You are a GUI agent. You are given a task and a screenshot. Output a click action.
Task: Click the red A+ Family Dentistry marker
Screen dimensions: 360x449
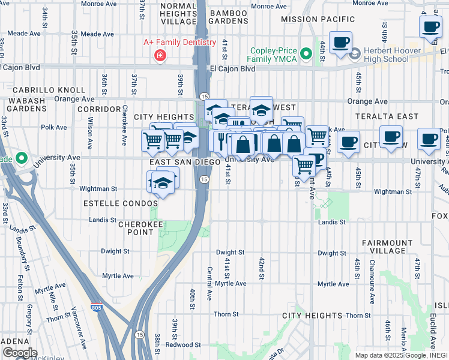[160, 56]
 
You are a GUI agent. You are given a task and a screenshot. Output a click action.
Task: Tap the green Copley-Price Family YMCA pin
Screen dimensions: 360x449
[307, 55]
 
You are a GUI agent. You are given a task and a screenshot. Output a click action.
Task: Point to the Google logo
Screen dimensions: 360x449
[19, 352]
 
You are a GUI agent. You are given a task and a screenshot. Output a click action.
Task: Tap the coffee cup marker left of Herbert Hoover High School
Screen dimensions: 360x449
[340, 43]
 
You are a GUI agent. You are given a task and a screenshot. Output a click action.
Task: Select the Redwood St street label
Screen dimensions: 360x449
[184, 345]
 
